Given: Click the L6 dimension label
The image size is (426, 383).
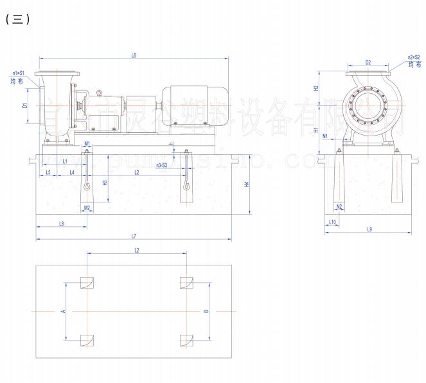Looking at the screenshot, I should click(134, 55).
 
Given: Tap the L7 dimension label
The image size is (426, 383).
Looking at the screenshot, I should click(133, 236).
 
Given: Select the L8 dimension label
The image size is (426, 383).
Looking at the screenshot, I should click(61, 223).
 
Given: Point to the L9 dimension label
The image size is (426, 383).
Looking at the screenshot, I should click(369, 229).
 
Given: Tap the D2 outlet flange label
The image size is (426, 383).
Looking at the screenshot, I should click(368, 62).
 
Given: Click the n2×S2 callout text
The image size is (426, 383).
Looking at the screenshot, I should click(414, 57).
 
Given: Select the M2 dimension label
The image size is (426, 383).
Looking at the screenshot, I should click(87, 208).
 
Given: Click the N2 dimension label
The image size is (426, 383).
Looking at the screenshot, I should click(339, 207).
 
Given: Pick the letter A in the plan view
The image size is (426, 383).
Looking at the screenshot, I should click(63, 310).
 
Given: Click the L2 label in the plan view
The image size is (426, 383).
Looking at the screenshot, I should click(136, 249).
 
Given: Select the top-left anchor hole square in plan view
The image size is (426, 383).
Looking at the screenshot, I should click(87, 283).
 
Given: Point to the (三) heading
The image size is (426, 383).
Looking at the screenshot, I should click(17, 19).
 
